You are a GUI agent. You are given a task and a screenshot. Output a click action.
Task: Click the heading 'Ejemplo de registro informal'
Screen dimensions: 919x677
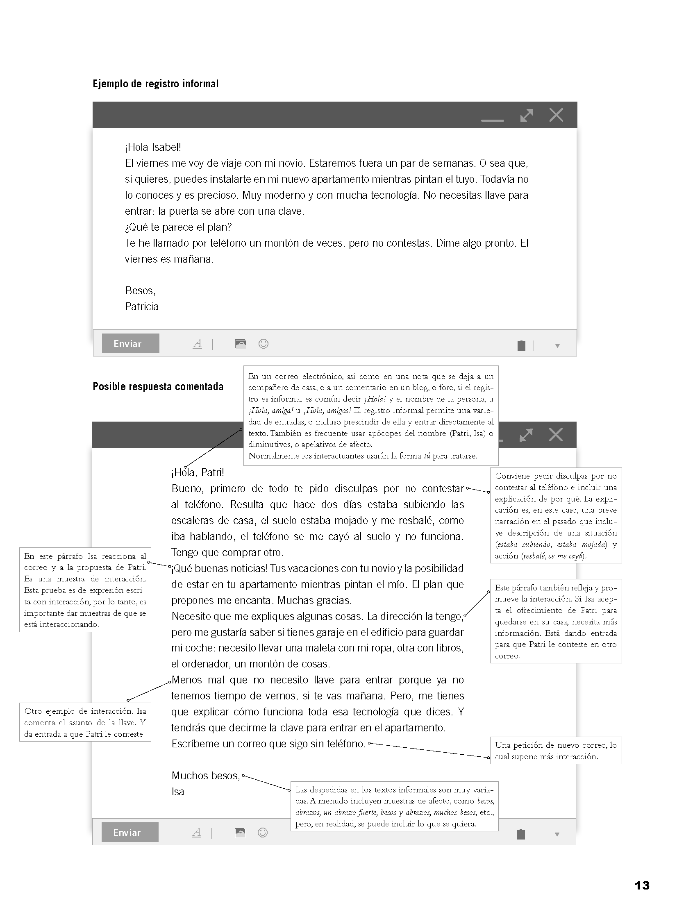[155, 84]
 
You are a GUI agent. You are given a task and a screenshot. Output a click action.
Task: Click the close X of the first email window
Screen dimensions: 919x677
[556, 115]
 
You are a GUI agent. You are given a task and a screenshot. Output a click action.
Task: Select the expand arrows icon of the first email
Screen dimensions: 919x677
[527, 115]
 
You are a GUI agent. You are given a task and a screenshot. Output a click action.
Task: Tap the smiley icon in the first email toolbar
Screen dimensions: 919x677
[264, 344]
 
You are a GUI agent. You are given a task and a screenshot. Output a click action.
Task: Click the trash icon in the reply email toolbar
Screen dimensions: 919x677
[521, 834]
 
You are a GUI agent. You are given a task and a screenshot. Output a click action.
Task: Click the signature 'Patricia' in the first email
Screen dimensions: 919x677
[142, 306]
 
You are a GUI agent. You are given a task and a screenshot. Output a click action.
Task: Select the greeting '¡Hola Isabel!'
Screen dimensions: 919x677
[153, 147]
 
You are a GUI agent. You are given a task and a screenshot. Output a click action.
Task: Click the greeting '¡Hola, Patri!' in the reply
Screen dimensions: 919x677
[198, 472]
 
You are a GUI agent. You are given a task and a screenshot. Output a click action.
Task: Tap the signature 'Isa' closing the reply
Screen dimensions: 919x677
[177, 791]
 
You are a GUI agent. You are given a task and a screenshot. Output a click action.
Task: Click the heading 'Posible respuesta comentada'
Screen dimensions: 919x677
[158, 387]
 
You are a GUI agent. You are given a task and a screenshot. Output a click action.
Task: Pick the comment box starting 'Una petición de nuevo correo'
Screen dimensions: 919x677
[556, 751]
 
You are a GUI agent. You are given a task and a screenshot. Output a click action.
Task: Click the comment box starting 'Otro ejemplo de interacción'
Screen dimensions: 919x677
[85, 722]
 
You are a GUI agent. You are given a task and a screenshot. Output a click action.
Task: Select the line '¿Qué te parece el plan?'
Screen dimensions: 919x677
[178, 227]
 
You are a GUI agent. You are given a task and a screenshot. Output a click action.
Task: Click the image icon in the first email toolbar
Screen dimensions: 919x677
[241, 344]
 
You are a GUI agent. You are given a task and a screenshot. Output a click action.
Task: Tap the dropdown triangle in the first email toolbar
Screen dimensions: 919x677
[557, 346]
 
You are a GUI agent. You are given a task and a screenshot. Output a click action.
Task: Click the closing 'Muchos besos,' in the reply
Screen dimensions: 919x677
[205, 775]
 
